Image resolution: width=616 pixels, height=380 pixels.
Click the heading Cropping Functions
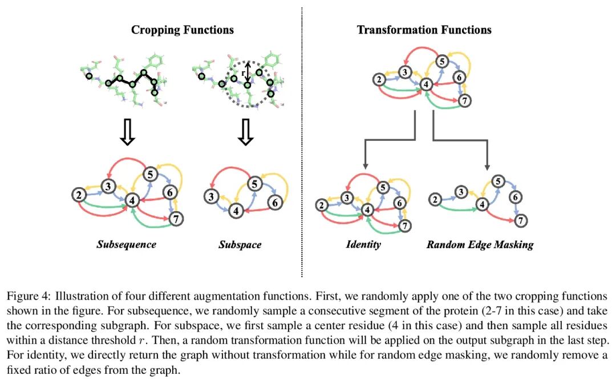[x=182, y=30]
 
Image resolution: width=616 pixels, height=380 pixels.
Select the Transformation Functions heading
[x=424, y=30]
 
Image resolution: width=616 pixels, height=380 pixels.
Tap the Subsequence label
[x=126, y=245]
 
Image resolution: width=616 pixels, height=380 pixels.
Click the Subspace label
[x=240, y=245]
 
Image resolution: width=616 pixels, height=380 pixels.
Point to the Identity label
[x=363, y=245]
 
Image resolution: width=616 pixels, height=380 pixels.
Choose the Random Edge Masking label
[x=480, y=245]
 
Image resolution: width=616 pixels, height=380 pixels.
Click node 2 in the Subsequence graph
[x=78, y=195]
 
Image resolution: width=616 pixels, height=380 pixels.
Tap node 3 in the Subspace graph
[x=211, y=197]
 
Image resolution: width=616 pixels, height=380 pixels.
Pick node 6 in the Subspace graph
[x=274, y=202]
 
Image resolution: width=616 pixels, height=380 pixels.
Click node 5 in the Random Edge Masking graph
[x=497, y=182]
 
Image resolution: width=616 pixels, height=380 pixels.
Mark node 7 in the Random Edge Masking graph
[x=520, y=219]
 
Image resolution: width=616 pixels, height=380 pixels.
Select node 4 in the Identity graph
[x=368, y=210]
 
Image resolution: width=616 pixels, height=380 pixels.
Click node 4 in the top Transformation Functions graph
[x=424, y=85]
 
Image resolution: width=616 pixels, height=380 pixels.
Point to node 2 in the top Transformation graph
[x=379, y=80]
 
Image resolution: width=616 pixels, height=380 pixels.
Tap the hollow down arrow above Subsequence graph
[x=129, y=132]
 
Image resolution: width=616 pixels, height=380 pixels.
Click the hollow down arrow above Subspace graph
[x=245, y=132]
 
